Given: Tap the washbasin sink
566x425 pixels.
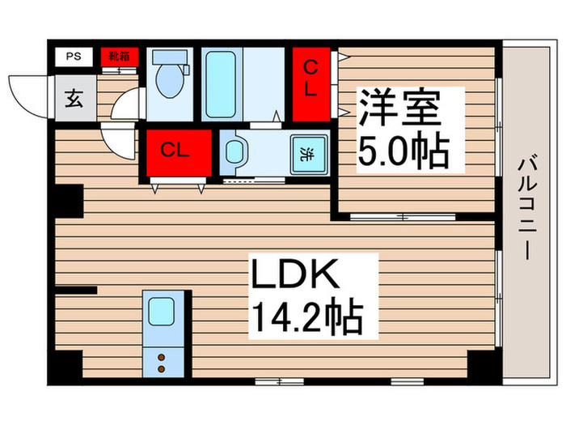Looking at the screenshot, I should tap(235, 152).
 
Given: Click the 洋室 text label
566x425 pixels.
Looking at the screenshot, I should tap(401, 108).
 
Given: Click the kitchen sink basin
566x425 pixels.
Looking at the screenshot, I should tap(162, 311).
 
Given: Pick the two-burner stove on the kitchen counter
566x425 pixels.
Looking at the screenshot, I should tap(161, 362).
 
